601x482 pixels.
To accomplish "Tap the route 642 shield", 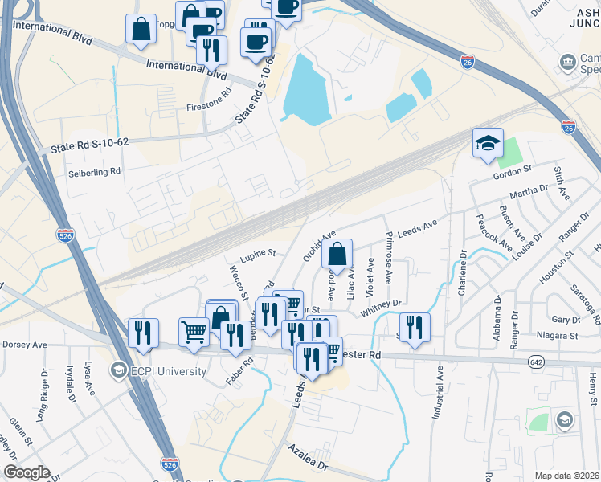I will point(534,362).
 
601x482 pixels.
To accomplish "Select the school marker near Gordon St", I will point(487,144).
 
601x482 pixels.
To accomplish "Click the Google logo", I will point(27,472).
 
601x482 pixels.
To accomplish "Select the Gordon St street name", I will point(513,170).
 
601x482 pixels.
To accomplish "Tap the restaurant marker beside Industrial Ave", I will point(415,327).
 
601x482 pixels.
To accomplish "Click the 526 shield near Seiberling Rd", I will point(67,235).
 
